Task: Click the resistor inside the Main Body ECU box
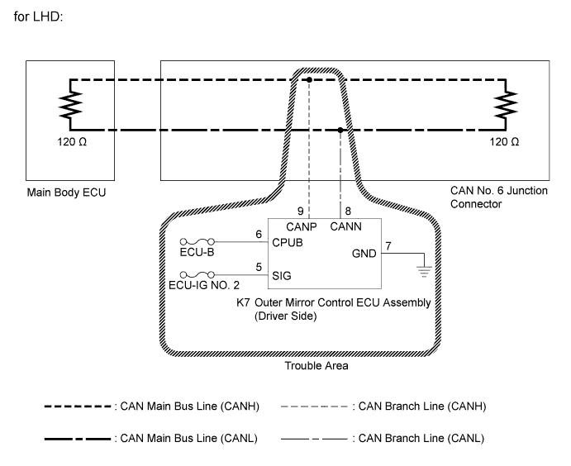[70, 105]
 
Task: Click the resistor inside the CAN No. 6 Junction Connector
[506, 105]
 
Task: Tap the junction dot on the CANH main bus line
[309, 79]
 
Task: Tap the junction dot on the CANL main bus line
[340, 130]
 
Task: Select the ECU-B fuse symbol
[197, 241]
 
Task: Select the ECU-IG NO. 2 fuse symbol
[197, 274]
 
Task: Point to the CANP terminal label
[301, 227]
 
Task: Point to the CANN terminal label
[345, 226]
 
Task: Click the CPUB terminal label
[288, 242]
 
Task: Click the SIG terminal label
[282, 276]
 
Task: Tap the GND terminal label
[364, 254]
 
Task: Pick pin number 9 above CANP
[301, 212]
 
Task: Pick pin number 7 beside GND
[388, 246]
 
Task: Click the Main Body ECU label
[66, 193]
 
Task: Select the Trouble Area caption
[316, 365]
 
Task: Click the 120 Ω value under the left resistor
[72, 141]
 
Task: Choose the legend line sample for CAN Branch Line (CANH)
[314, 407]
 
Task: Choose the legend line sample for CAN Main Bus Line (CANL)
[78, 439]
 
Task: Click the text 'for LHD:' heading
[38, 17]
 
